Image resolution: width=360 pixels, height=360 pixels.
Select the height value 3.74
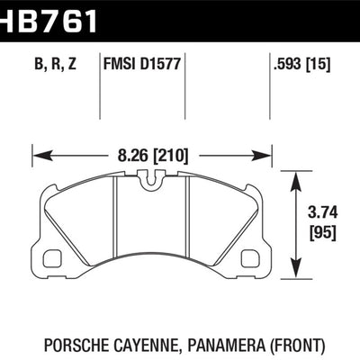[x=318, y=214]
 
